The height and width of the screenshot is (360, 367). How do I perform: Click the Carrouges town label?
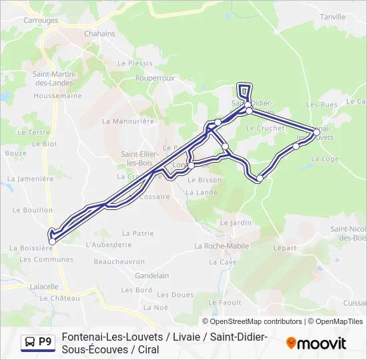(x=41, y=21)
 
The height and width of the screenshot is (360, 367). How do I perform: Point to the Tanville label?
(x=334, y=17)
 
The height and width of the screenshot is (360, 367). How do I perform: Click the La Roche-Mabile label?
(x=222, y=246)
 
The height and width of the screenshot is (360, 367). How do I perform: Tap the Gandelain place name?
(x=151, y=275)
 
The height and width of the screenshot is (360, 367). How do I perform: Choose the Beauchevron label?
(x=119, y=262)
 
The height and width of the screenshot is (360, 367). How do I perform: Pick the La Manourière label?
(x=128, y=121)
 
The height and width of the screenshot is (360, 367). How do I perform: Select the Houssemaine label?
(x=57, y=96)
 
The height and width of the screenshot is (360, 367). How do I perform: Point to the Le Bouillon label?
(x=32, y=210)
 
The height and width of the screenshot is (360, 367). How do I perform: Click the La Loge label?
(x=325, y=159)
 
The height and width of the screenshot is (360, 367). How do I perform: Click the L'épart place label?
(x=285, y=247)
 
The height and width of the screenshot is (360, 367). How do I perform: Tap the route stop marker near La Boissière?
(x=52, y=241)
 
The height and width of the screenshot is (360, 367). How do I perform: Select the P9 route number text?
(x=45, y=343)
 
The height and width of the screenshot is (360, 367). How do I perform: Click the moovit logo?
(x=316, y=343)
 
